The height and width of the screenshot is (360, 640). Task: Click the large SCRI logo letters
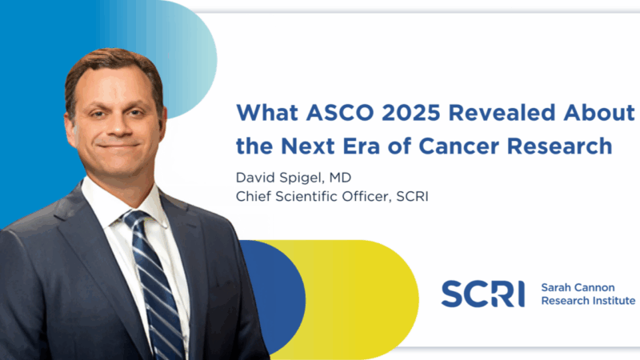pyautogui.click(x=483, y=293)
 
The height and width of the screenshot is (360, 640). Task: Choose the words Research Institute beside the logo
pyautogui.click(x=588, y=301)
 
